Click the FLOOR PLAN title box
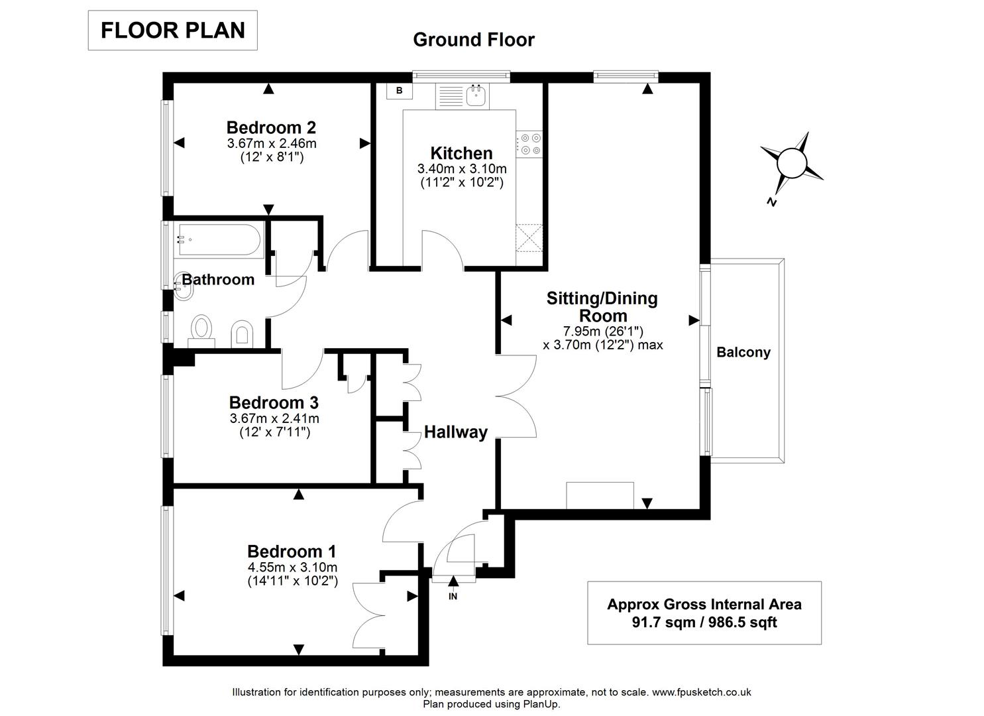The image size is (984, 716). tap(172, 30)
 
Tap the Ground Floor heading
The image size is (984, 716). tap(473, 40)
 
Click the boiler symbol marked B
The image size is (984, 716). tap(399, 91)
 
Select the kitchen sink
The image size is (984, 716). tap(476, 96)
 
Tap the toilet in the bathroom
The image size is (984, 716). tap(201, 329)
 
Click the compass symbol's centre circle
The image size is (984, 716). tap(791, 161)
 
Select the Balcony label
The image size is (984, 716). tap(743, 353)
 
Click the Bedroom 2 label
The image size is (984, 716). tap(271, 127)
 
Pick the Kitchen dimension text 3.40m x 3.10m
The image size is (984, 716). tap(462, 168)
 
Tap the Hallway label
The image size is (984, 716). tap(456, 432)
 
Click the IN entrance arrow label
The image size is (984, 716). tap(453, 596)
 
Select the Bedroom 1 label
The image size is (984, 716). tap(292, 551)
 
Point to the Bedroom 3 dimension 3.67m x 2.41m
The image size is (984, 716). tap(274, 418)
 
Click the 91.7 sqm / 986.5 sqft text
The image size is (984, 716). tap(704, 623)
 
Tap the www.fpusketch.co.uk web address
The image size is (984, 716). tap(702, 692)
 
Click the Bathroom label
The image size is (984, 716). tap(218, 280)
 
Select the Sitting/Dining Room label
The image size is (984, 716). tap(602, 306)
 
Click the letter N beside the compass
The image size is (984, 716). tap(771, 202)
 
